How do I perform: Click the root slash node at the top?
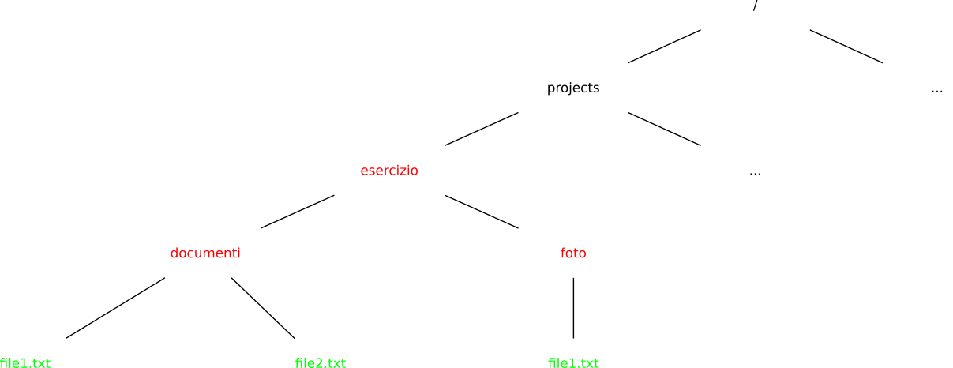756,4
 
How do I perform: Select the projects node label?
573,88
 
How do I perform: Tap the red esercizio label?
389,171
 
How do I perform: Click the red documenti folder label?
205,253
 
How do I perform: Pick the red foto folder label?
573,253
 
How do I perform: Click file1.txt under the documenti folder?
25,362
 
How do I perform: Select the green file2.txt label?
321,362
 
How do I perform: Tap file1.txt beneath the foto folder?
573,362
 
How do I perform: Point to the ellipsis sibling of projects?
937,91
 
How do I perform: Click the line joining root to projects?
664,47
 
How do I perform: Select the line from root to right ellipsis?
846,47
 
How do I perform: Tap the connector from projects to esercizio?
482,129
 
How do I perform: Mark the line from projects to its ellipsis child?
664,129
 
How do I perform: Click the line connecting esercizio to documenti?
298,212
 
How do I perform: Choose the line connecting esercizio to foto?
482,212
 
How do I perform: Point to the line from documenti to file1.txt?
115,308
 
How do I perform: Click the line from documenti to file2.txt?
263,308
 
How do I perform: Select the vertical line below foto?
573,308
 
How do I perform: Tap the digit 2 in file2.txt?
315,362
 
